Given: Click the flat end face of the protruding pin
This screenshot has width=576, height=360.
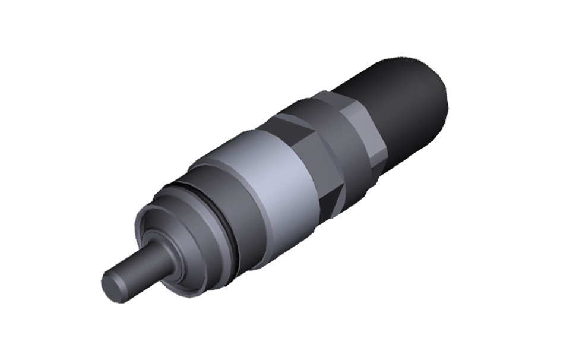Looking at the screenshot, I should [x=115, y=287].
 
